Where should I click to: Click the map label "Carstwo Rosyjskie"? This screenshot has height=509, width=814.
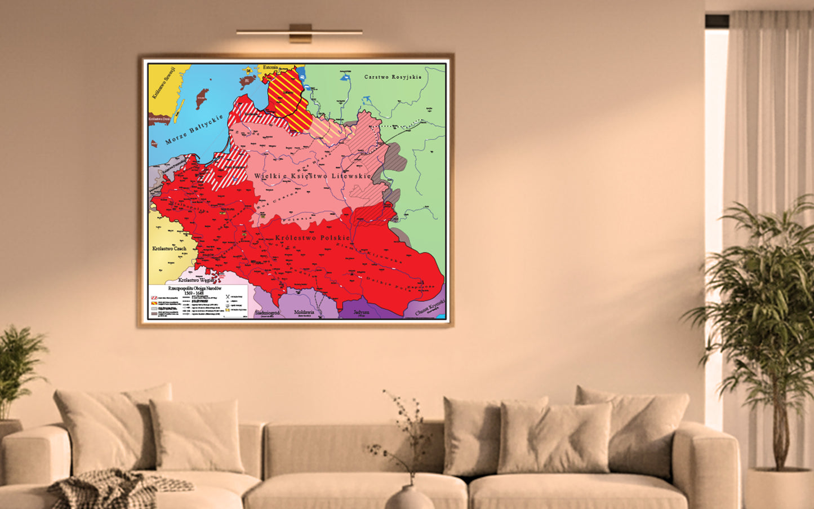(393, 77)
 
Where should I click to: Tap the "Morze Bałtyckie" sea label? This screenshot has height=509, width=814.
(194, 130)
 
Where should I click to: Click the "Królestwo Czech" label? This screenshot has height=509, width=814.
(169, 249)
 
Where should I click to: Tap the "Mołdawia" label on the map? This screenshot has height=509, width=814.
(304, 312)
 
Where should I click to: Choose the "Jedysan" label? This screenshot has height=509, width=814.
(361, 312)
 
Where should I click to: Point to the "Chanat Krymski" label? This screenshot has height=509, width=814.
(430, 308)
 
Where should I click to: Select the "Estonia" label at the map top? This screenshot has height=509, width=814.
(270, 68)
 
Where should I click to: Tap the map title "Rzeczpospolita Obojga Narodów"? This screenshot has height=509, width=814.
(199, 288)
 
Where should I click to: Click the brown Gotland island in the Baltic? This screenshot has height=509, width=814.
(202, 98)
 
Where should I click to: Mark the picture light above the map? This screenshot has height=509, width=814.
(299, 32)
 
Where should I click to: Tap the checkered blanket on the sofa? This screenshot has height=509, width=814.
(113, 488)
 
